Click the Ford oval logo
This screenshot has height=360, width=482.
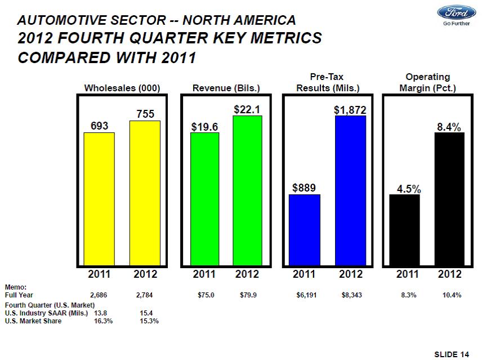click(x=453, y=14)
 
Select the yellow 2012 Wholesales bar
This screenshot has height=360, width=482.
click(x=145, y=192)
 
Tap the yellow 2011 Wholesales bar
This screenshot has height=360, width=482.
click(x=99, y=198)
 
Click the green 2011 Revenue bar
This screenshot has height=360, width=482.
click(x=205, y=198)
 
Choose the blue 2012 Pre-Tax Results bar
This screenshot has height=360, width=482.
click(x=350, y=190)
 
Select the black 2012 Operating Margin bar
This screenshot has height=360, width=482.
click(x=449, y=198)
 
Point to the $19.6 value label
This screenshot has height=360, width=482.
click(x=205, y=127)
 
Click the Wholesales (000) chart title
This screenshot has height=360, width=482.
click(x=122, y=88)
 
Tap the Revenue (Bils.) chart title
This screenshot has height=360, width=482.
click(x=226, y=88)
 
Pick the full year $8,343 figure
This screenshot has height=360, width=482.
click(x=351, y=295)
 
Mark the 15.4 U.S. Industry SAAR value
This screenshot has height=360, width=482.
click(x=146, y=312)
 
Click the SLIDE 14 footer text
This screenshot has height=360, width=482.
click(x=452, y=353)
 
